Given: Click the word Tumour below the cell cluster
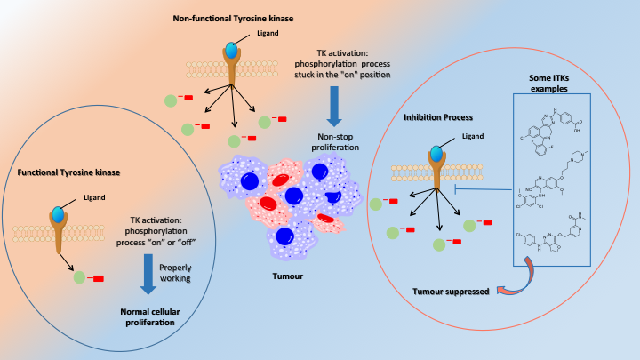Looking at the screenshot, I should [x=286, y=276].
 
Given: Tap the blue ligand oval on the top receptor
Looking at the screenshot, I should [x=231, y=52].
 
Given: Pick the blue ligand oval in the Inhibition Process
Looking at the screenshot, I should [x=436, y=155].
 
